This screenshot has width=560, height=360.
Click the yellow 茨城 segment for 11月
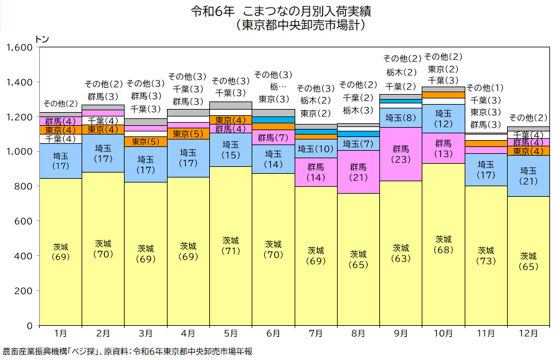[x=486, y=255]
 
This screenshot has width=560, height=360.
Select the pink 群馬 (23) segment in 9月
[x=401, y=154]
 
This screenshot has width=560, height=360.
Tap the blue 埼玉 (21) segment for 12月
[x=528, y=176]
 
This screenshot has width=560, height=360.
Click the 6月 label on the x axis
[x=273, y=334]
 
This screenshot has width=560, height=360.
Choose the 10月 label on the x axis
[x=444, y=334]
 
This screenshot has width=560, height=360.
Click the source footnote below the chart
[x=128, y=352]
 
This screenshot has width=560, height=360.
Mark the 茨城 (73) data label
[x=486, y=255]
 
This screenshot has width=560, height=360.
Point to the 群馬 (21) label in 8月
[x=358, y=172]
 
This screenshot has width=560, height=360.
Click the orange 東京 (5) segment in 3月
[x=145, y=141]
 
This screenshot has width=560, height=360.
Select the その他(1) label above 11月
[x=485, y=88]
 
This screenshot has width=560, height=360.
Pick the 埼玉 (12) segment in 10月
[x=444, y=118]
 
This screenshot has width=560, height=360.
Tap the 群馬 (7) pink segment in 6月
[x=273, y=138]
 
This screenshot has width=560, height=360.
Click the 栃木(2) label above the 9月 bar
[x=401, y=73]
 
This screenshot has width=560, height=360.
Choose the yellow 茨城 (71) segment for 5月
[x=230, y=245]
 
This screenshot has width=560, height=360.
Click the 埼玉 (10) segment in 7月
[x=316, y=149]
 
